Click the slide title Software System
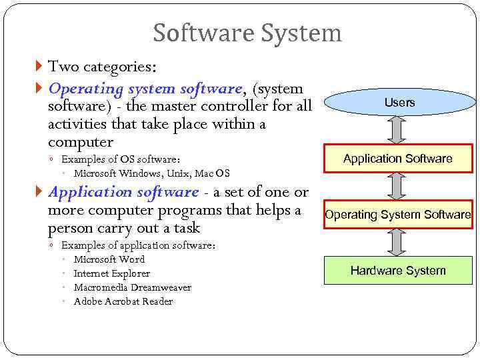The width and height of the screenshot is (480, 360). coord(247,33)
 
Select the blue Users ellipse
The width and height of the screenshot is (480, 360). coord(399,102)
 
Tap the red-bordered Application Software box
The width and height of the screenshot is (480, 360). coord(398,159)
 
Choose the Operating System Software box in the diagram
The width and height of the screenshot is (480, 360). coord(398,215)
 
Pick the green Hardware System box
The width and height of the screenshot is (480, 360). coord(398,270)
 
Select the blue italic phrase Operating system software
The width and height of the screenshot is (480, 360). coord(145,89)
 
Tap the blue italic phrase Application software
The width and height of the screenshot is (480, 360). coord(123,192)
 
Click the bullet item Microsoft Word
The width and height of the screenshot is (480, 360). coord(109,259)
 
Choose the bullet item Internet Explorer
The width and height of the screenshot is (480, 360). coord(111,273)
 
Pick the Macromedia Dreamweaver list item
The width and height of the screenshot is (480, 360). coord(132,287)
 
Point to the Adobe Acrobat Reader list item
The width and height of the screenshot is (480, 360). coord(123,301)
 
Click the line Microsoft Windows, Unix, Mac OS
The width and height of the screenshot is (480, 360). coord(151,173)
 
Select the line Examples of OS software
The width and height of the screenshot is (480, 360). coord(121,159)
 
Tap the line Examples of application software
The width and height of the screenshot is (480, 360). coord(138,245)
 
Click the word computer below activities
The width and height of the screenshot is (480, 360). coord(81,142)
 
